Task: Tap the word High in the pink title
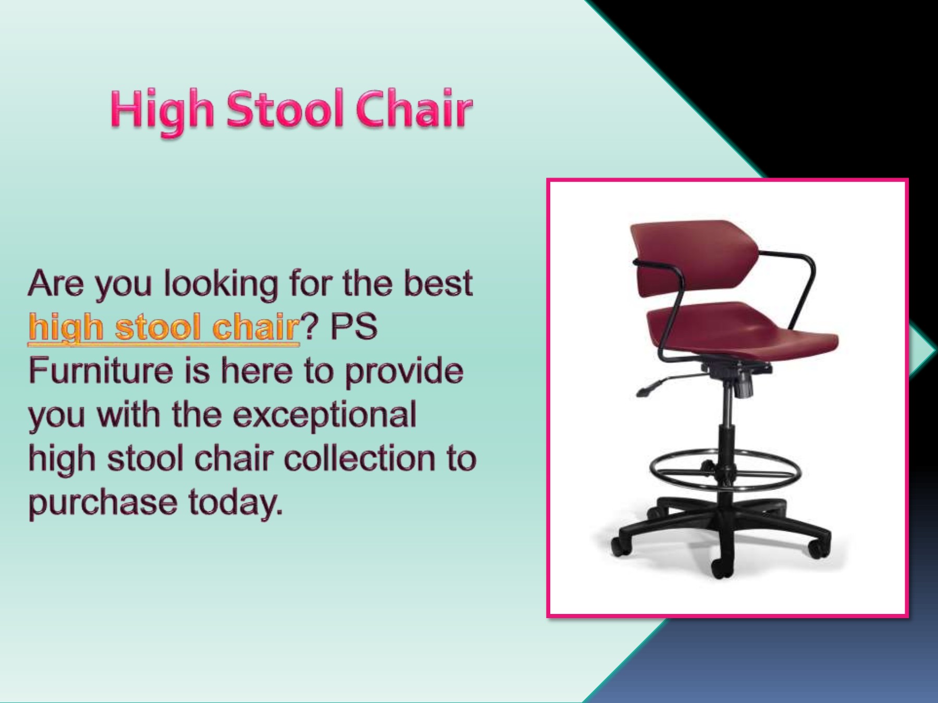click(162, 110)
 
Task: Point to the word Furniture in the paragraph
click(100, 371)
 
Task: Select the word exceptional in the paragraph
click(324, 416)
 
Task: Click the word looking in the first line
click(221, 284)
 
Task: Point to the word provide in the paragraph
click(404, 371)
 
